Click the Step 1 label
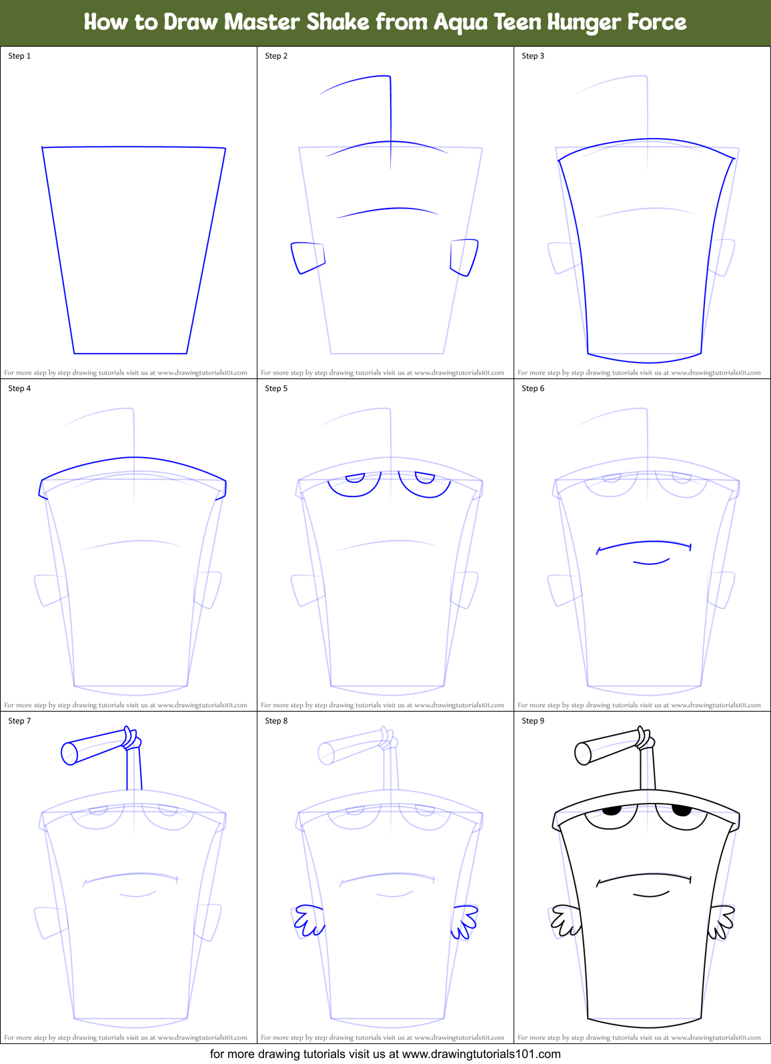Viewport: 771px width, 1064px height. (x=19, y=56)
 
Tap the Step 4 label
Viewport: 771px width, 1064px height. (x=19, y=388)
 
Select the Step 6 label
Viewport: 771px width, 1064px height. (x=533, y=388)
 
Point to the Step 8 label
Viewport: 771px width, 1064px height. (x=276, y=721)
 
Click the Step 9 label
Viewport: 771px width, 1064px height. (x=533, y=721)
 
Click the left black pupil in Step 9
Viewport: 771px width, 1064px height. (x=612, y=811)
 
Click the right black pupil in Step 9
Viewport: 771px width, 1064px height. (x=682, y=811)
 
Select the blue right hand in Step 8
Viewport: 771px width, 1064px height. (x=464, y=921)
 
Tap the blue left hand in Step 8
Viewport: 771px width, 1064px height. (x=309, y=920)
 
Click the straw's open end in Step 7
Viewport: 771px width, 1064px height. (x=69, y=754)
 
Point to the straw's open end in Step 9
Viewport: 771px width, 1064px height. (x=582, y=754)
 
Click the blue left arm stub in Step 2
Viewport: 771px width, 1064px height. (x=307, y=257)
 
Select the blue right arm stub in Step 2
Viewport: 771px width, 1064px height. (x=464, y=257)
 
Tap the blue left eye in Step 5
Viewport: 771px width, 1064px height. (x=355, y=484)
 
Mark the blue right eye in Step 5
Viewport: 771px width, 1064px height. (x=425, y=484)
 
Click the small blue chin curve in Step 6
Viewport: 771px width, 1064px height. (x=651, y=563)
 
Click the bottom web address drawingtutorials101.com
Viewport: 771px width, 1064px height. (x=481, y=1054)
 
